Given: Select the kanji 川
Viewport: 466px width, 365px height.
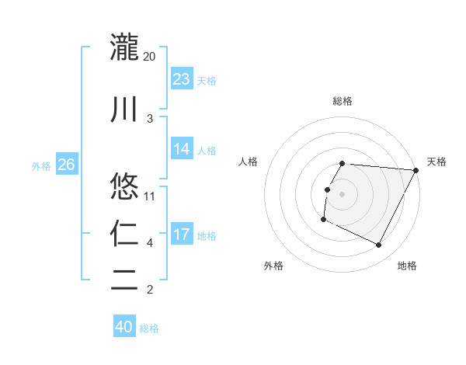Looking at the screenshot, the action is (x=124, y=108).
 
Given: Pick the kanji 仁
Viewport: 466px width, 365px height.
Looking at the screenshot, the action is (x=124, y=232).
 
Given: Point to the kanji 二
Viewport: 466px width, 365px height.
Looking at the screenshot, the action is (x=124, y=280).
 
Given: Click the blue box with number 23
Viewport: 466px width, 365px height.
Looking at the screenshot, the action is (x=182, y=78).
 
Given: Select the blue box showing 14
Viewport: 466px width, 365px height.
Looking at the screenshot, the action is (x=182, y=149).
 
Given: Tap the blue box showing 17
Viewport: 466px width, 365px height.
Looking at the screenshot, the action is (x=182, y=234).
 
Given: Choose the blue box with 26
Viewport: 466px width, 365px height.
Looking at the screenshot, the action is (x=66, y=164).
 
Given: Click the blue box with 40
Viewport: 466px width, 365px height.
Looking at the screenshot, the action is (x=124, y=327).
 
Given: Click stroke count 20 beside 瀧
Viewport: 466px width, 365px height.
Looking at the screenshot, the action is (x=150, y=56).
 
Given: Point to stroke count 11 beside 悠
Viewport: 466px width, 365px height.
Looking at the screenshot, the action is (x=150, y=196).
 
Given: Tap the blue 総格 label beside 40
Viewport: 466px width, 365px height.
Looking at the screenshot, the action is (x=149, y=328).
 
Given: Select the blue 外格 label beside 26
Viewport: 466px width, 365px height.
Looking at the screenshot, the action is (x=41, y=165).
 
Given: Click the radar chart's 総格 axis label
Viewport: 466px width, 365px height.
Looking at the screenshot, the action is (x=343, y=101).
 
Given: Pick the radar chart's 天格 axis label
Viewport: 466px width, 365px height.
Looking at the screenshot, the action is (x=436, y=162).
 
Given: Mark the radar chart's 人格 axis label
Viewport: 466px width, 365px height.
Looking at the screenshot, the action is (x=249, y=162).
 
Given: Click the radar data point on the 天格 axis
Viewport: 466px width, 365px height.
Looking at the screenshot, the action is (x=416, y=170).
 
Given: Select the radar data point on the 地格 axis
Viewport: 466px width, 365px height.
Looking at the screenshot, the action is (x=379, y=245).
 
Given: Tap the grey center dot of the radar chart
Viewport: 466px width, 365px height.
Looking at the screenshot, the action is (x=343, y=194).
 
